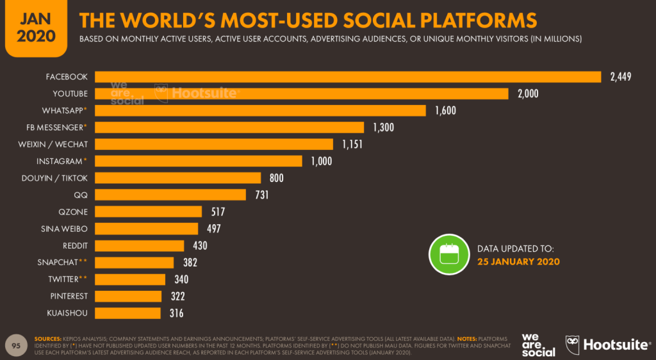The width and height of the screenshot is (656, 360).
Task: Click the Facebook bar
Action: (348, 77)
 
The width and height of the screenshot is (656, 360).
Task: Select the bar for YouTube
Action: (302, 94)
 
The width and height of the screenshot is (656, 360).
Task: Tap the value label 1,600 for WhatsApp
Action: (445, 111)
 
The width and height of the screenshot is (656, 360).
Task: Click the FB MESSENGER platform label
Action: (63, 127)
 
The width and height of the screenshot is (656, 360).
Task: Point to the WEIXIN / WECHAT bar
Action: (214, 144)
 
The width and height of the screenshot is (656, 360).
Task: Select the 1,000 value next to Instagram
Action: (321, 161)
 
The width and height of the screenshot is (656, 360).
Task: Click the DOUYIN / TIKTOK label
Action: (63, 177)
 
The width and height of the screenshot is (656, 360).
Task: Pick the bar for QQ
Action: (170, 195)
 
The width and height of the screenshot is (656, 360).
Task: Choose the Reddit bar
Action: (140, 245)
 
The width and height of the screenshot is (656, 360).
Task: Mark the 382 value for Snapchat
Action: (190, 263)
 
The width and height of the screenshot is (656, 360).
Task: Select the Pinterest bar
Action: (129, 296)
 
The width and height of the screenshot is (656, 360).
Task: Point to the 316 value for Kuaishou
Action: (176, 313)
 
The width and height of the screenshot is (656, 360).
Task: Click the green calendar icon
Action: (449, 255)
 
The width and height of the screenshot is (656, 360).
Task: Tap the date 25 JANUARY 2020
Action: (518, 261)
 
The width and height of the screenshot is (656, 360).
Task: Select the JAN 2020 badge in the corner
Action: (36, 27)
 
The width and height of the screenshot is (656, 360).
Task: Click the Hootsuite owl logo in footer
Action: (571, 345)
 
